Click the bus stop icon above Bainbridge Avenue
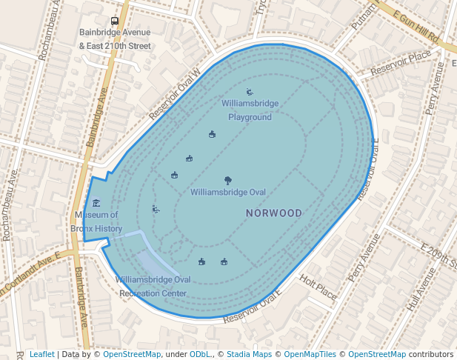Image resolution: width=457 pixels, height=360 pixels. (114, 21)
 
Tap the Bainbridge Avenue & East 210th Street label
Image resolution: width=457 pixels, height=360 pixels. (115, 39)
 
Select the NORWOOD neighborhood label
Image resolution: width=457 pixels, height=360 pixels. (274, 213)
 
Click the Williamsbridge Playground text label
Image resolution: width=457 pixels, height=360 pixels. (250, 110)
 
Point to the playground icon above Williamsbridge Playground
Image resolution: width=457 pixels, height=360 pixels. (249, 92)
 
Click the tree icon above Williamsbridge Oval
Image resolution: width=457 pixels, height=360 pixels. (227, 180)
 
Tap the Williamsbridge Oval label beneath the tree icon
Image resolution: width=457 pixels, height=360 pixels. (227, 193)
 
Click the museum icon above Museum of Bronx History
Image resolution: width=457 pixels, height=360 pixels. (96, 203)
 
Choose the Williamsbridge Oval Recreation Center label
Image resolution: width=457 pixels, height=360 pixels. (153, 286)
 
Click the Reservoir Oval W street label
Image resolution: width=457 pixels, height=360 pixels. (175, 95)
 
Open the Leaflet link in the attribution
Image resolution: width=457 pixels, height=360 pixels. (41, 354)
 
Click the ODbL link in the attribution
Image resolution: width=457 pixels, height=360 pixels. (201, 354)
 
